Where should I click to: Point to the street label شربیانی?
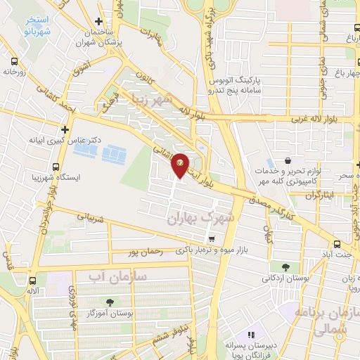89,219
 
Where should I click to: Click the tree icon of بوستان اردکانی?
286,267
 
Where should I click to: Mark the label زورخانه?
14,71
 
